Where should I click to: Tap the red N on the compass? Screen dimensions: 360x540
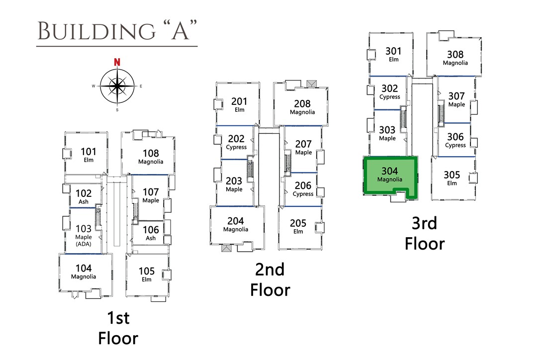click(x=117, y=62)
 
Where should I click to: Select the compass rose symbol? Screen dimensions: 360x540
click(x=117, y=86)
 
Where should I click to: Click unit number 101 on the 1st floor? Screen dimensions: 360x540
click(x=89, y=152)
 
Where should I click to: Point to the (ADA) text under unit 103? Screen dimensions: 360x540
click(x=84, y=244)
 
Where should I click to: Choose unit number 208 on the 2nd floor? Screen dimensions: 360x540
click(x=302, y=103)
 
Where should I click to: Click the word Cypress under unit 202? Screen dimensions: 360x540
click(x=236, y=147)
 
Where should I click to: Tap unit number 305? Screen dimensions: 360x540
click(x=452, y=175)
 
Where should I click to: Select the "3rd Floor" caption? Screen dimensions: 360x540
click(x=424, y=234)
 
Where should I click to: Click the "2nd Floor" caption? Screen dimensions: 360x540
click(x=270, y=279)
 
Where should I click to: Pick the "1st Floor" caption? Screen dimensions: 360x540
click(x=118, y=328)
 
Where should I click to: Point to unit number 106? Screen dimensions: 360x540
click(x=151, y=230)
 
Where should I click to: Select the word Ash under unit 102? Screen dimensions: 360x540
click(x=84, y=202)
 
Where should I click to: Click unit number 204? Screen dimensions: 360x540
click(x=236, y=221)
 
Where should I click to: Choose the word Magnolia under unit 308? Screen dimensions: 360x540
click(x=455, y=63)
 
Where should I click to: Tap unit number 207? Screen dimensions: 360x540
click(x=303, y=144)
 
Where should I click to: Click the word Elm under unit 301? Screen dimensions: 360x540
click(x=394, y=60)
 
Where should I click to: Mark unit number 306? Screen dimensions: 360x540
click(x=455, y=137)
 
